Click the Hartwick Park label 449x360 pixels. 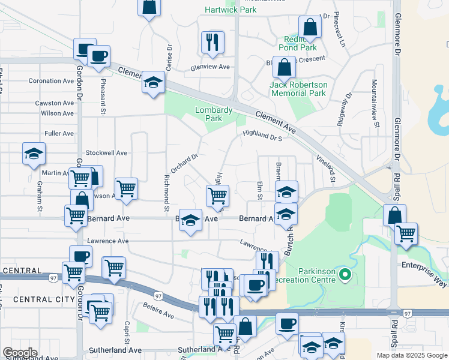point(231,10)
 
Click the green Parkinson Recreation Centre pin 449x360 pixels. point(345,275)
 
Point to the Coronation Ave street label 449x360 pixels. point(52,81)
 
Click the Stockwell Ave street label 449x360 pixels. point(107,153)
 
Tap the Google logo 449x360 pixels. point(20,353)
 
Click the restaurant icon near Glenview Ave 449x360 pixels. point(212,41)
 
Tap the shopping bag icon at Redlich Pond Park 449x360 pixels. point(310,27)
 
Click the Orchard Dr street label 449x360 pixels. point(184,164)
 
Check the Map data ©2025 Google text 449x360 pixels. point(411,355)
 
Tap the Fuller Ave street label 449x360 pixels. point(59,133)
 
